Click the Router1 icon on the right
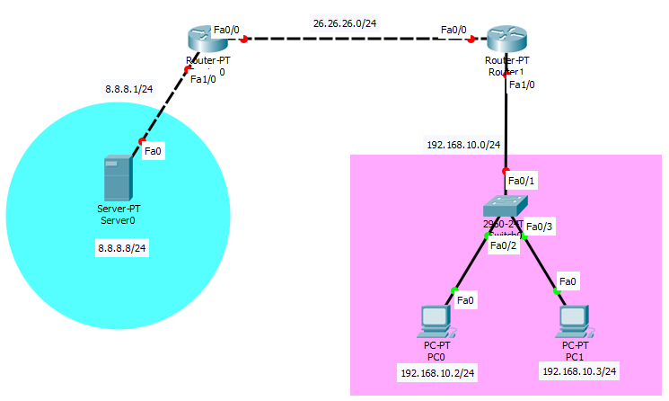click(x=506, y=40)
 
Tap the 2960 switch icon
click(x=505, y=205)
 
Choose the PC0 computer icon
click(x=436, y=321)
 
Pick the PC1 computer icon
click(x=575, y=321)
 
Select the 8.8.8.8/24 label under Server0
click(x=122, y=247)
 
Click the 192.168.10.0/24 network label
click(x=463, y=144)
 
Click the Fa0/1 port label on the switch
click(x=522, y=181)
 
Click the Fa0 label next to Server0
click(x=154, y=151)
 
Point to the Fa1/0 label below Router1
click(x=522, y=85)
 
